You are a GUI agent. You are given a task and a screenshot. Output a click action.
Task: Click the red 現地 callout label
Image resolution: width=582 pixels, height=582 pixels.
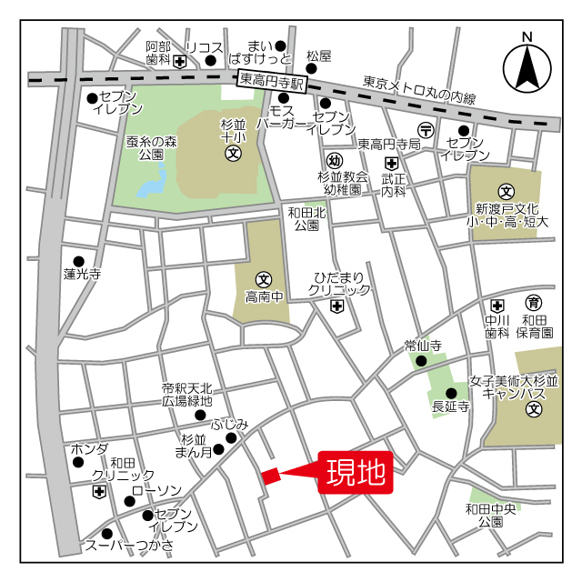point(356,472)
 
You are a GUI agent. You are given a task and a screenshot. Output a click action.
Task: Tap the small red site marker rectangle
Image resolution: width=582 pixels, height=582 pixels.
point(270,476)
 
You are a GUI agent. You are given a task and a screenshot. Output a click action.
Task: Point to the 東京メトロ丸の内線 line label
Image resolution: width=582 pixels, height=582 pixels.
point(419,89)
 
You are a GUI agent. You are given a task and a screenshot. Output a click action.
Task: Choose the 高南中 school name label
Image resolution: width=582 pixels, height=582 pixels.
point(264,296)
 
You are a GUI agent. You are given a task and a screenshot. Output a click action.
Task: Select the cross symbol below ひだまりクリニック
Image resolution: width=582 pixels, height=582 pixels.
point(337,307)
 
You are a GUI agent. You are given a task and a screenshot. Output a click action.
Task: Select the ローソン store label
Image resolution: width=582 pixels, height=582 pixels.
point(156,490)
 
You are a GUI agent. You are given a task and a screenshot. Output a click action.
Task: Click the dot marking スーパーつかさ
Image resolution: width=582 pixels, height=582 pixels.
point(107,534)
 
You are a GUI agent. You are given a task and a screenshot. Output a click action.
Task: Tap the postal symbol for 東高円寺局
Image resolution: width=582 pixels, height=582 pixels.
point(425,128)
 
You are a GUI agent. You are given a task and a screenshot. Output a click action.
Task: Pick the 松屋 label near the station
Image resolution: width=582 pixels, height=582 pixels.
point(318,55)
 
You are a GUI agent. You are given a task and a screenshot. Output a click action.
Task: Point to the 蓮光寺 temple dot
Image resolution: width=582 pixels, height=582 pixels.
point(78,261)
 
